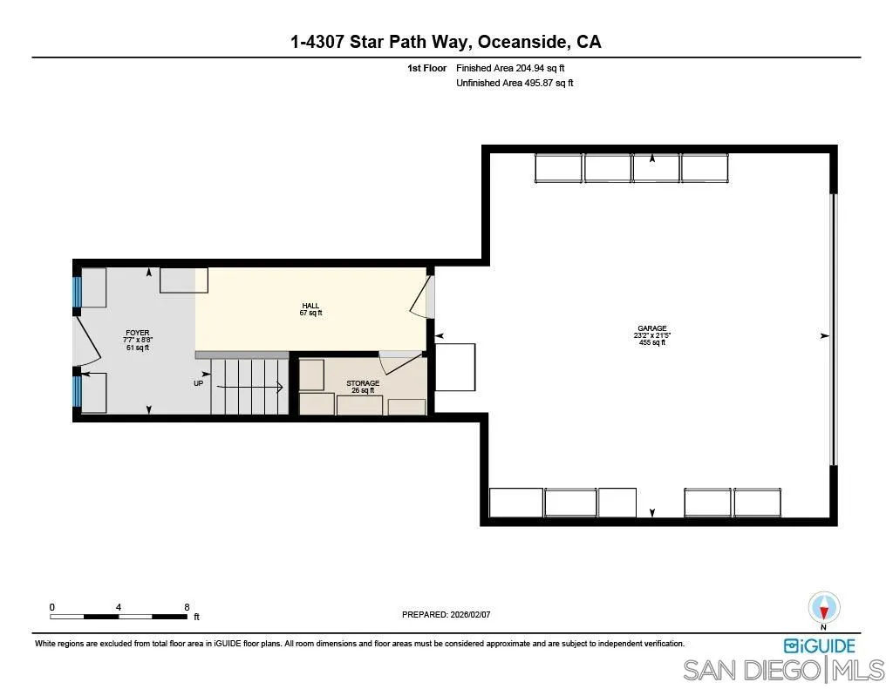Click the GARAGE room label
651,335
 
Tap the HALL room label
311,309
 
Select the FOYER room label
138,340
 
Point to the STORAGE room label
363,387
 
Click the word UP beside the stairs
200,383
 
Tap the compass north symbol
824,609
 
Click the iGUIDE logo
819,645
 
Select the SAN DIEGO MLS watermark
783,671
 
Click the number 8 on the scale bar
187,607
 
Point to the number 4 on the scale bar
118,607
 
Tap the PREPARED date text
446,614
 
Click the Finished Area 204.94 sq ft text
515,68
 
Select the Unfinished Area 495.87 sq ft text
515,84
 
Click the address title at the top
446,42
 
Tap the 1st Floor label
426,68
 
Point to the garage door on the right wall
833,329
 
